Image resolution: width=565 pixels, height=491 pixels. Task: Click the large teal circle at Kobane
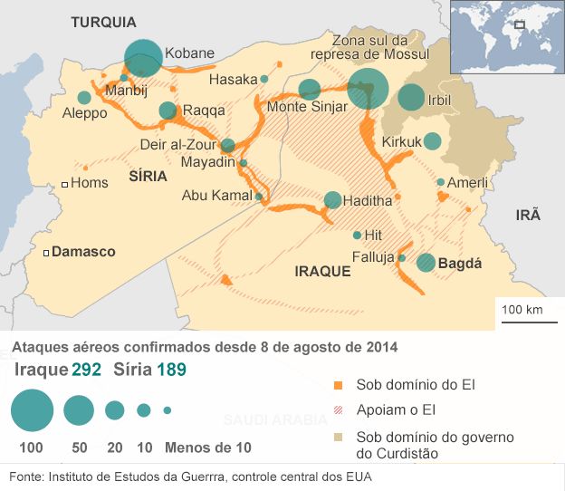coord(143,58)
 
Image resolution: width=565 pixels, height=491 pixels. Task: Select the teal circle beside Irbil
coord(411,97)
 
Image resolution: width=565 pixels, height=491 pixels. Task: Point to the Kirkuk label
coord(401,142)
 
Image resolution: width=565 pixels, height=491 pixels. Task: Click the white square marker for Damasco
coord(45,252)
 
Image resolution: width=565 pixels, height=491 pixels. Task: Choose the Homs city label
coord(89,183)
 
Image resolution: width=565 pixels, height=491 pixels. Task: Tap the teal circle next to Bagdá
coord(426,263)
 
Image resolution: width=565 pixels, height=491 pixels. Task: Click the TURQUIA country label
coord(103,22)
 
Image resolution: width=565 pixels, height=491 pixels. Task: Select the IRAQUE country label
coord(322,271)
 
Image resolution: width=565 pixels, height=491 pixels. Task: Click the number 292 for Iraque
coord(86,370)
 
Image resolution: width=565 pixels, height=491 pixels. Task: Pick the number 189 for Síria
coord(171,370)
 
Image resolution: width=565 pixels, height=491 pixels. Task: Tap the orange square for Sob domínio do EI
coord(338,385)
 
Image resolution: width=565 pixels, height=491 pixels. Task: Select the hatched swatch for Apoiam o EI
coord(338,410)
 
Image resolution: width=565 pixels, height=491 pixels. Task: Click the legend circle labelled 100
coord(33,410)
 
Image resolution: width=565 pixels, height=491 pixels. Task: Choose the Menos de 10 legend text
coord(207,447)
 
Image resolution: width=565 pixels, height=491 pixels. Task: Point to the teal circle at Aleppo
coord(84,97)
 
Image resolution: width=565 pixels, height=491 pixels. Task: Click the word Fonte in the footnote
coord(24,477)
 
